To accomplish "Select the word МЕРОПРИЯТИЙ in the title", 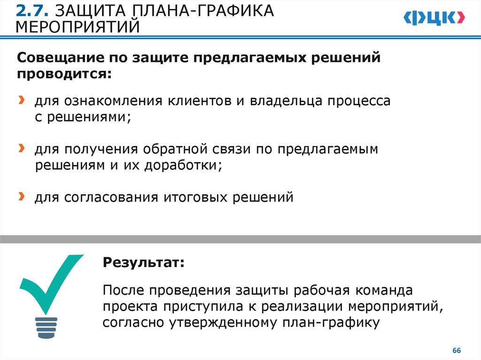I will (x=78, y=27).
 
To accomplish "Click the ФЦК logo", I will (x=434, y=17).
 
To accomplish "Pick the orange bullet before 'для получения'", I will (x=22, y=149).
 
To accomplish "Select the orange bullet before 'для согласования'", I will (x=22, y=196).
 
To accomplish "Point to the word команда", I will (x=383, y=291).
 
